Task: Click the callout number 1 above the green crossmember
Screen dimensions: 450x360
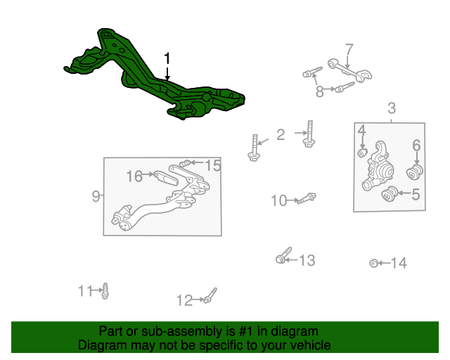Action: [x=167, y=58]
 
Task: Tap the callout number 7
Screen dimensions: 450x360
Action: [x=349, y=50]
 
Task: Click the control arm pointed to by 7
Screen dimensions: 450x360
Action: [x=349, y=69]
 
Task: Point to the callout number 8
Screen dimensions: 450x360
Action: [x=319, y=91]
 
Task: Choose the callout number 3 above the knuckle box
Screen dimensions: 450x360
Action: [x=392, y=108]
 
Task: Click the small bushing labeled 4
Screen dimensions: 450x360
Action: [x=363, y=153]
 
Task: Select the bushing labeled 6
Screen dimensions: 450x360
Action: [x=415, y=172]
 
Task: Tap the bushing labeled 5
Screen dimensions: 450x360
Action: [x=390, y=194]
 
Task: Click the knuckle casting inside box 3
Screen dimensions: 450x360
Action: [x=378, y=167]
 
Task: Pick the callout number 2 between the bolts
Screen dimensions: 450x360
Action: [x=281, y=134]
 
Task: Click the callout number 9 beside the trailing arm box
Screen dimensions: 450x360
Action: [x=96, y=196]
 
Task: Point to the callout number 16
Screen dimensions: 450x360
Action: [x=134, y=176]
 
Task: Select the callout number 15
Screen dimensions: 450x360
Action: [x=213, y=165]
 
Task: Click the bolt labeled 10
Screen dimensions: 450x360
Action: [x=307, y=198]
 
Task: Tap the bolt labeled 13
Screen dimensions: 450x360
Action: [x=283, y=255]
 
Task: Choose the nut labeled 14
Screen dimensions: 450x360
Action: [x=373, y=263]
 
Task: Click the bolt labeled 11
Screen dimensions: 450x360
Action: [x=105, y=291]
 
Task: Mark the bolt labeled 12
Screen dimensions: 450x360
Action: [x=210, y=296]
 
